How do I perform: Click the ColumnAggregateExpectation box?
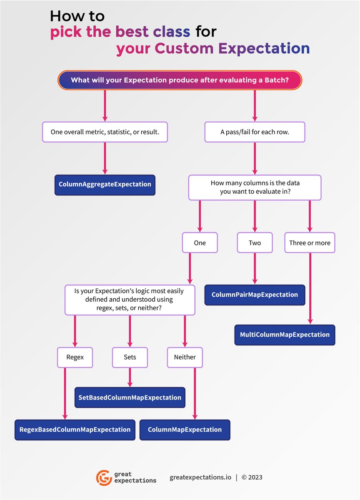[105, 185]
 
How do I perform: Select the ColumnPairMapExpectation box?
[255, 295]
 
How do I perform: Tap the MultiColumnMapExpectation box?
[285, 335]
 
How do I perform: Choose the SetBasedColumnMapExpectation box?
[130, 397]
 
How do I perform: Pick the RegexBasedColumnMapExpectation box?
[75, 430]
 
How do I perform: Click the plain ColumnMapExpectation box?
[185, 430]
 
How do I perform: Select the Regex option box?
[75, 357]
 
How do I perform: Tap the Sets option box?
[130, 357]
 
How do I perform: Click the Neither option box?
[185, 357]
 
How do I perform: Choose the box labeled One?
[200, 242]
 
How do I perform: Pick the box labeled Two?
[255, 242]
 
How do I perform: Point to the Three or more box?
[310, 242]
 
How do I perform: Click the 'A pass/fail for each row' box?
[255, 132]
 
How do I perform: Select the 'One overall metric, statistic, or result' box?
[105, 132]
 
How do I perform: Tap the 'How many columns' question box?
[255, 187]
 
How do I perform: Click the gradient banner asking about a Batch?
[180, 80]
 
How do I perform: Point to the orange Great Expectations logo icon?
[104, 477]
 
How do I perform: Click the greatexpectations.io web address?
[200, 477]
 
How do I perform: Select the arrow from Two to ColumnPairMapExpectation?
[255, 269]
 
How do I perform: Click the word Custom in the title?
[184, 48]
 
